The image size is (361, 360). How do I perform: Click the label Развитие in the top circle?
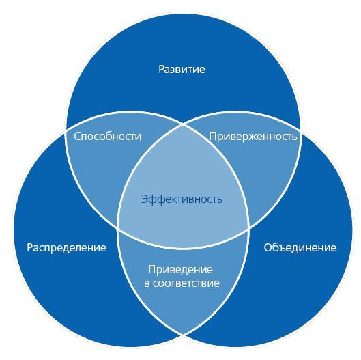[x=182, y=70]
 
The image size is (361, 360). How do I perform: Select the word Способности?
[x=108, y=136]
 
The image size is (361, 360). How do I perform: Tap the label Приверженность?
[x=252, y=137]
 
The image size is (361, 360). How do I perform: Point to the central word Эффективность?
[x=182, y=199]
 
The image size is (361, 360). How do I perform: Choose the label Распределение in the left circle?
[x=67, y=248]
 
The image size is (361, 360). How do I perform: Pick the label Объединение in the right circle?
[x=300, y=247]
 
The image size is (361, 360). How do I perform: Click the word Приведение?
[x=180, y=270]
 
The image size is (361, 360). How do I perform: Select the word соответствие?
[x=186, y=283]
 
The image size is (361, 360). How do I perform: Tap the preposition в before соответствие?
[x=147, y=283]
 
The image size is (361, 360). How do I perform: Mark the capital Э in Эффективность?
[x=144, y=199]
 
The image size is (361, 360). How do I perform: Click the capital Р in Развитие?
[x=162, y=70]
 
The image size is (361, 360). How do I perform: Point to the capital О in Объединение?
[x=268, y=248]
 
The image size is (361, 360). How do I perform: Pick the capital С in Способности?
[x=77, y=136]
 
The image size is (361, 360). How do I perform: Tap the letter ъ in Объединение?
[x=283, y=249]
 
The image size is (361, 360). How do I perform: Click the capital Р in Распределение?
[x=30, y=248]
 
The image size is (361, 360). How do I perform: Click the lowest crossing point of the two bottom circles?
[x=184, y=335]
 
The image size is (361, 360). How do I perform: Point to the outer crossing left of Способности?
[x=66, y=130]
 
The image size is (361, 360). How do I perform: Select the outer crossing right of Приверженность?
[x=300, y=130]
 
